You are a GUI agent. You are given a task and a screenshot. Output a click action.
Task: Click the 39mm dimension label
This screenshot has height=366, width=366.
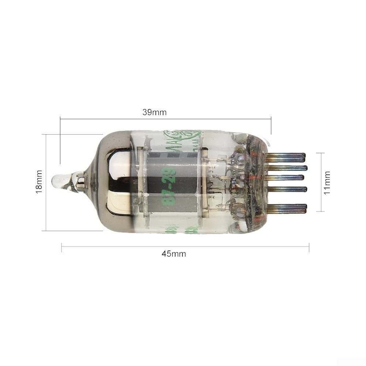click(x=154, y=113)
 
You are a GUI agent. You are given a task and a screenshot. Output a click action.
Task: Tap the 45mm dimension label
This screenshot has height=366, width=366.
click(x=174, y=254)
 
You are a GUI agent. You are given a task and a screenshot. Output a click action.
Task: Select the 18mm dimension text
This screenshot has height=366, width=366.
click(x=39, y=182)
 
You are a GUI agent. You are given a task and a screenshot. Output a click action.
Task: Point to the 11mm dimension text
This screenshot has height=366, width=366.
click(x=327, y=182)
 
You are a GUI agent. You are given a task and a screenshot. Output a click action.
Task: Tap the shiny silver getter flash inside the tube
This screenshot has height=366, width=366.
click(x=117, y=183)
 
